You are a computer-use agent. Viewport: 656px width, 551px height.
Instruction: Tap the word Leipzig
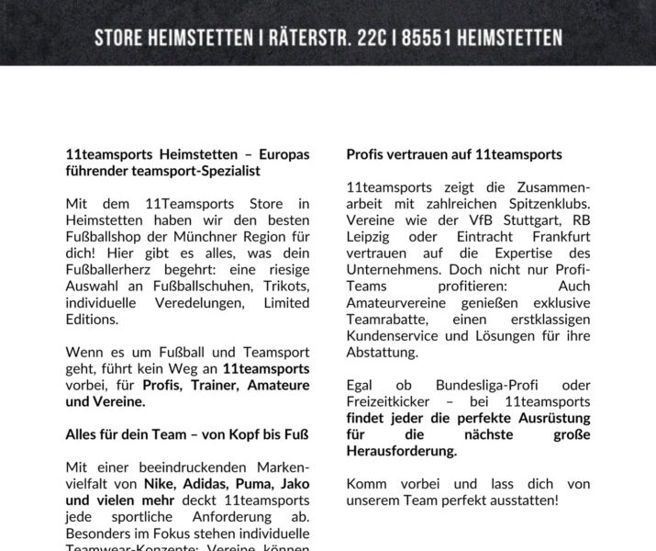point(368,236)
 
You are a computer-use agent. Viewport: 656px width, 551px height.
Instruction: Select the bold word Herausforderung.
point(401,451)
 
